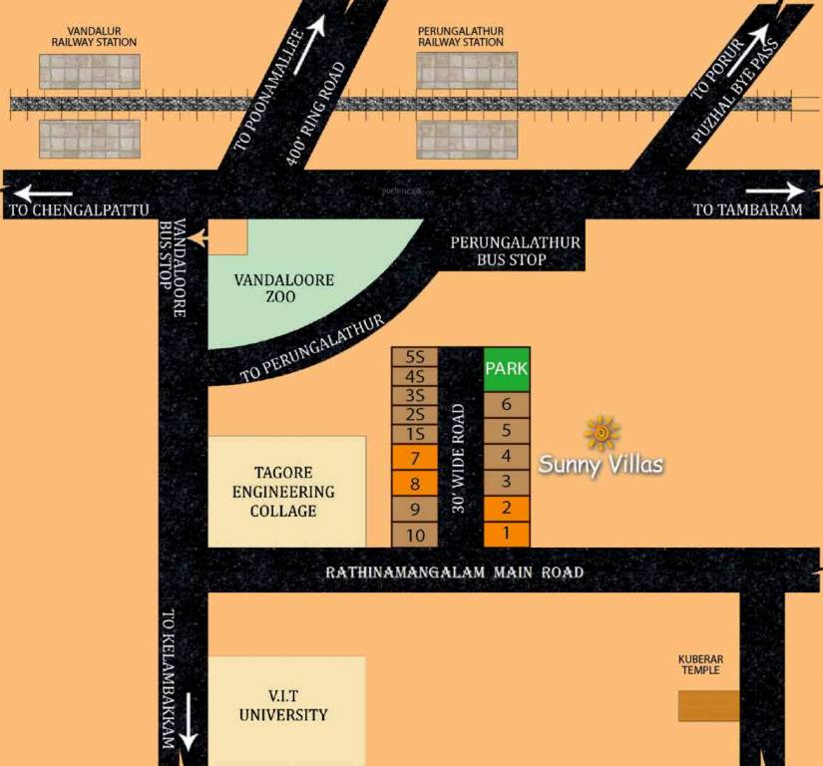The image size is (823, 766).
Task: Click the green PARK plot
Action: coord(507,369)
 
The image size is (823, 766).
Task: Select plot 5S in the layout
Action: coord(415,357)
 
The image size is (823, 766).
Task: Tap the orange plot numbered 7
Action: coord(415,459)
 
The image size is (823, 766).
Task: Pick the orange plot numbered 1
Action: coord(507,534)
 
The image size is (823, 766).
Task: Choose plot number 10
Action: coord(415,535)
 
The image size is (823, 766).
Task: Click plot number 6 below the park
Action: coord(507,404)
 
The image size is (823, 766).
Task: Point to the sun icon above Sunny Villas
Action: coord(602,433)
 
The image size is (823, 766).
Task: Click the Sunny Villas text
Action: coord(602,464)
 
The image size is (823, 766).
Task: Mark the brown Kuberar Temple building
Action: coord(708,705)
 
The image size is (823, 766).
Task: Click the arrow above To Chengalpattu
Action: coord(44,192)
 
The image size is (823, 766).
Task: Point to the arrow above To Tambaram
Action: coord(774,191)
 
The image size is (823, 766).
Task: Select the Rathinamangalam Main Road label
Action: coord(455,573)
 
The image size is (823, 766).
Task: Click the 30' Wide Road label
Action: coord(459,458)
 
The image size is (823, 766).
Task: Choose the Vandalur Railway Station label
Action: coord(94,38)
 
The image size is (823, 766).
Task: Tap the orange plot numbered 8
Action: coord(415,484)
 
